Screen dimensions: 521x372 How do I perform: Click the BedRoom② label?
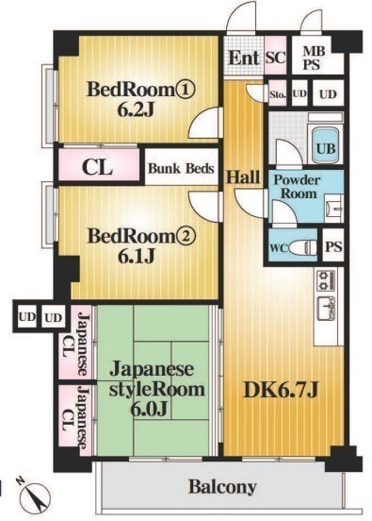click(139, 236)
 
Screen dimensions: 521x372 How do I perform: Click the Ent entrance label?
click(243, 58)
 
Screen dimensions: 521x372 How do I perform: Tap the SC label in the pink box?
click(276, 58)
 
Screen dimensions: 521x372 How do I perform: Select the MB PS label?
click(312, 59)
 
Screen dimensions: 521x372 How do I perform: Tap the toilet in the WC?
click(300, 247)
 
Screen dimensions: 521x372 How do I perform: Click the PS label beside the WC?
click(332, 247)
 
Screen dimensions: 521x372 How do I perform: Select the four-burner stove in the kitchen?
click(325, 279)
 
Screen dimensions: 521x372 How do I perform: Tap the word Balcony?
click(221, 487)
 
